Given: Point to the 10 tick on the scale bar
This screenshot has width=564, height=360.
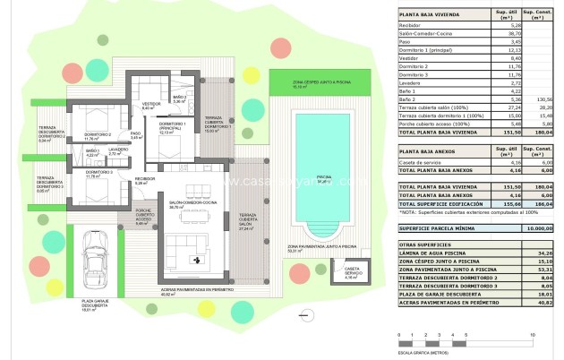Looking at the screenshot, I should pos(534,335).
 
